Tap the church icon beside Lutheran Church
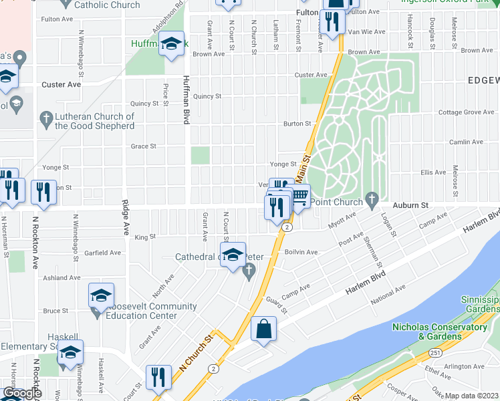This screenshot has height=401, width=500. pos(45,120)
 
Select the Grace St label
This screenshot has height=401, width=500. pos(143,146)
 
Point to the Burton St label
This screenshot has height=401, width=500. pos(297,124)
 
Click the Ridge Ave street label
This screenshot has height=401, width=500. pos(126,218)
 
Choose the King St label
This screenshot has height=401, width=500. pos(145,237)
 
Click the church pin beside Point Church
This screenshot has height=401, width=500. pos(372,200)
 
